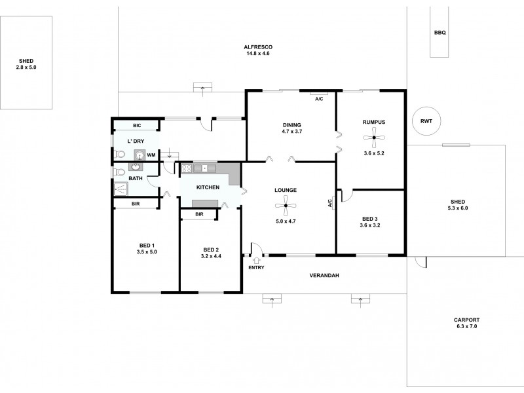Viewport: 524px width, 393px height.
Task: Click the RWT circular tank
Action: tap(426, 121)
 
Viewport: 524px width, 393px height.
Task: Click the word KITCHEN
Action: tap(208, 188)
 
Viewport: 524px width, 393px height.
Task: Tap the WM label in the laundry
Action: tap(151, 155)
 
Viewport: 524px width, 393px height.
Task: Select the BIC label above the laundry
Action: tap(137, 125)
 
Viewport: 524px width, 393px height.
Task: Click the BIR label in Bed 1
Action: tap(136, 204)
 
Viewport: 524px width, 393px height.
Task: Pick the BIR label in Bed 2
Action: tap(199, 214)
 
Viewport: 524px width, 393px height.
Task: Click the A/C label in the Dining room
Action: tap(319, 100)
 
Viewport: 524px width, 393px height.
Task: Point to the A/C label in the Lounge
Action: tap(331, 204)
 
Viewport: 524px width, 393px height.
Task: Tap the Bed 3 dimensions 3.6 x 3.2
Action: tap(369, 225)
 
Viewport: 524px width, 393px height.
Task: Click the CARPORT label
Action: tap(466, 320)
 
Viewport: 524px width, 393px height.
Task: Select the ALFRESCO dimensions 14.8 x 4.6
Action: tap(258, 53)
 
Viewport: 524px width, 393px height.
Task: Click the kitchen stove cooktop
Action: tap(187, 168)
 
